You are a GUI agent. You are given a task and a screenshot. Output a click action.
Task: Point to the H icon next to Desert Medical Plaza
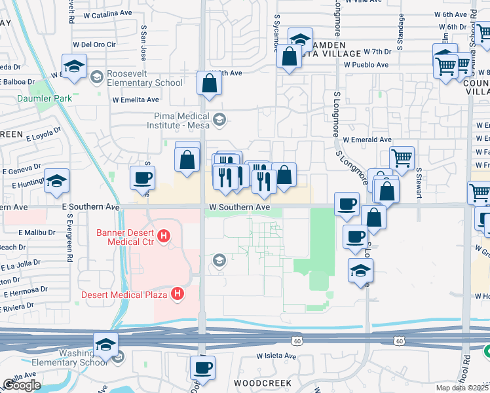click(177, 295)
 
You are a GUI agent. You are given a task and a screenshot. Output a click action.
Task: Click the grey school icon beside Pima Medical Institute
click(219, 119)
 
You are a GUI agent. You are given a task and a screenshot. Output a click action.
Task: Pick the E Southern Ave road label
click(90, 206)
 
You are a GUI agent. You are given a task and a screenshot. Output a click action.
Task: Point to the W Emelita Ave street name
click(136, 100)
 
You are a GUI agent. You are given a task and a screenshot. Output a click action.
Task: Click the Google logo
click(22, 385)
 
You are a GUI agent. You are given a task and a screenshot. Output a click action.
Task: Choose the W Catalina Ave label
click(108, 14)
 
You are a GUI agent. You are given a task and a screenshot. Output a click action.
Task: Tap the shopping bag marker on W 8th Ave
click(208, 84)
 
